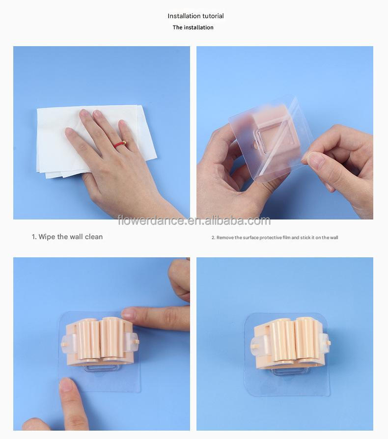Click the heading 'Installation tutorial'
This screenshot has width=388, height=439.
click(195, 16)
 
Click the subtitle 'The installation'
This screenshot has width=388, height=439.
click(193, 27)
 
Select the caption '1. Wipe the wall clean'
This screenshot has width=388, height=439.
click(67, 237)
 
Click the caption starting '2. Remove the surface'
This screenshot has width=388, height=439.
click(275, 238)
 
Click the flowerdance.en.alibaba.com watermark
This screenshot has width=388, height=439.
click(194, 220)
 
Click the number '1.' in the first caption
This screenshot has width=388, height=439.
click(34, 237)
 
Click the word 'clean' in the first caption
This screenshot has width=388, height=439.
click(93, 237)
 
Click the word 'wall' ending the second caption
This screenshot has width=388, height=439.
click(333, 238)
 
